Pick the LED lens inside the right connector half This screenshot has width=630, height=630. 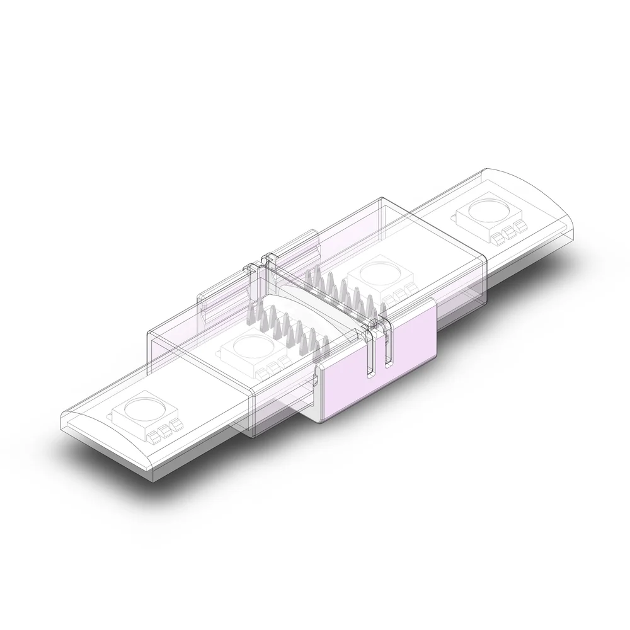tap(377, 273)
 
